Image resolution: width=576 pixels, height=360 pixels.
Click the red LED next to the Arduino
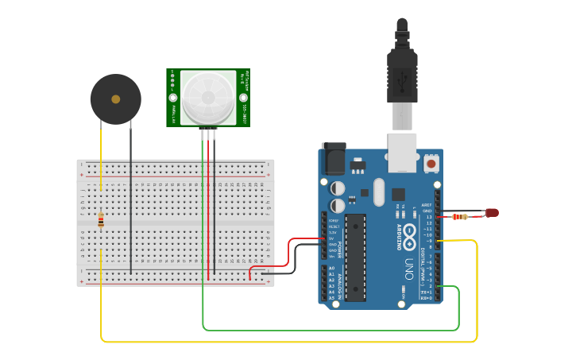point(493,212)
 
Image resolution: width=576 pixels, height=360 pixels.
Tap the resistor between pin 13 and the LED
point(459,216)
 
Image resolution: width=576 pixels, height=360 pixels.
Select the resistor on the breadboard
point(101,220)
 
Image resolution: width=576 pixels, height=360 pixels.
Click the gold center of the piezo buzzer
point(116,99)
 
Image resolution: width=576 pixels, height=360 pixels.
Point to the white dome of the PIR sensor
point(208,98)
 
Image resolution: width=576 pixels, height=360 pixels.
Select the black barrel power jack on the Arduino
point(332,159)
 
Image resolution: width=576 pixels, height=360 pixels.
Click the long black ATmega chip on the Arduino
point(355,257)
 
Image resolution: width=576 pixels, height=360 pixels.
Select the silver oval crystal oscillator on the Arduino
point(379,192)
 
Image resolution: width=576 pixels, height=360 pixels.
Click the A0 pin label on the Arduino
point(331,269)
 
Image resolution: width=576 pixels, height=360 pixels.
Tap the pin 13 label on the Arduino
point(428,216)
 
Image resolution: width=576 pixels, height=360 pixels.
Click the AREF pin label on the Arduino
point(427,204)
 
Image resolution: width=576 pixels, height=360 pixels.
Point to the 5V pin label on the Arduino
point(332,238)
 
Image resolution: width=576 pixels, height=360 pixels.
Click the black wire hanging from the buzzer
point(131,199)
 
